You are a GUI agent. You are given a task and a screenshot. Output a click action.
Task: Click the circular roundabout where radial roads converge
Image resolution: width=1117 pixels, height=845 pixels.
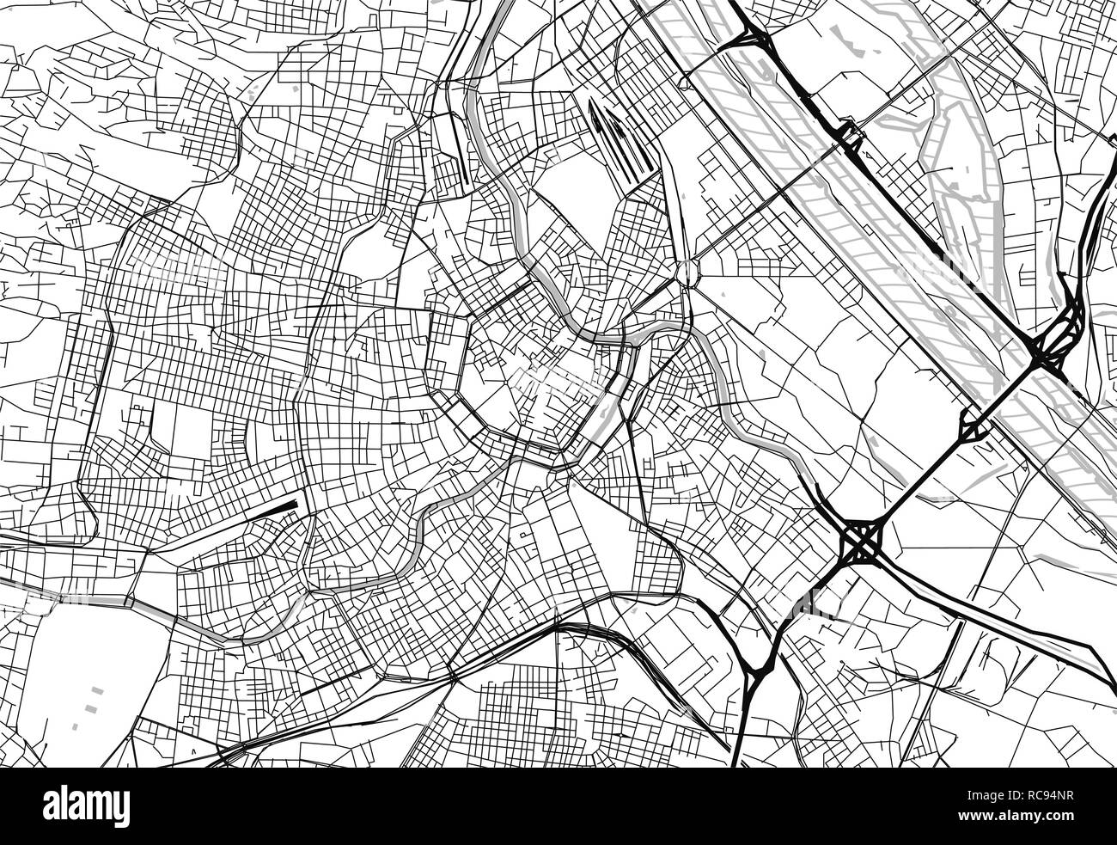(x=687, y=273)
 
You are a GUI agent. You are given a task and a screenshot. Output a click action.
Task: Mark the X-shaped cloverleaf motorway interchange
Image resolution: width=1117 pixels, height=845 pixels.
(x=862, y=541)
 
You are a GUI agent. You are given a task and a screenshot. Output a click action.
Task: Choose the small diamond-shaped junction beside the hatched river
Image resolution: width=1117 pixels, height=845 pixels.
(x=974, y=425)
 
